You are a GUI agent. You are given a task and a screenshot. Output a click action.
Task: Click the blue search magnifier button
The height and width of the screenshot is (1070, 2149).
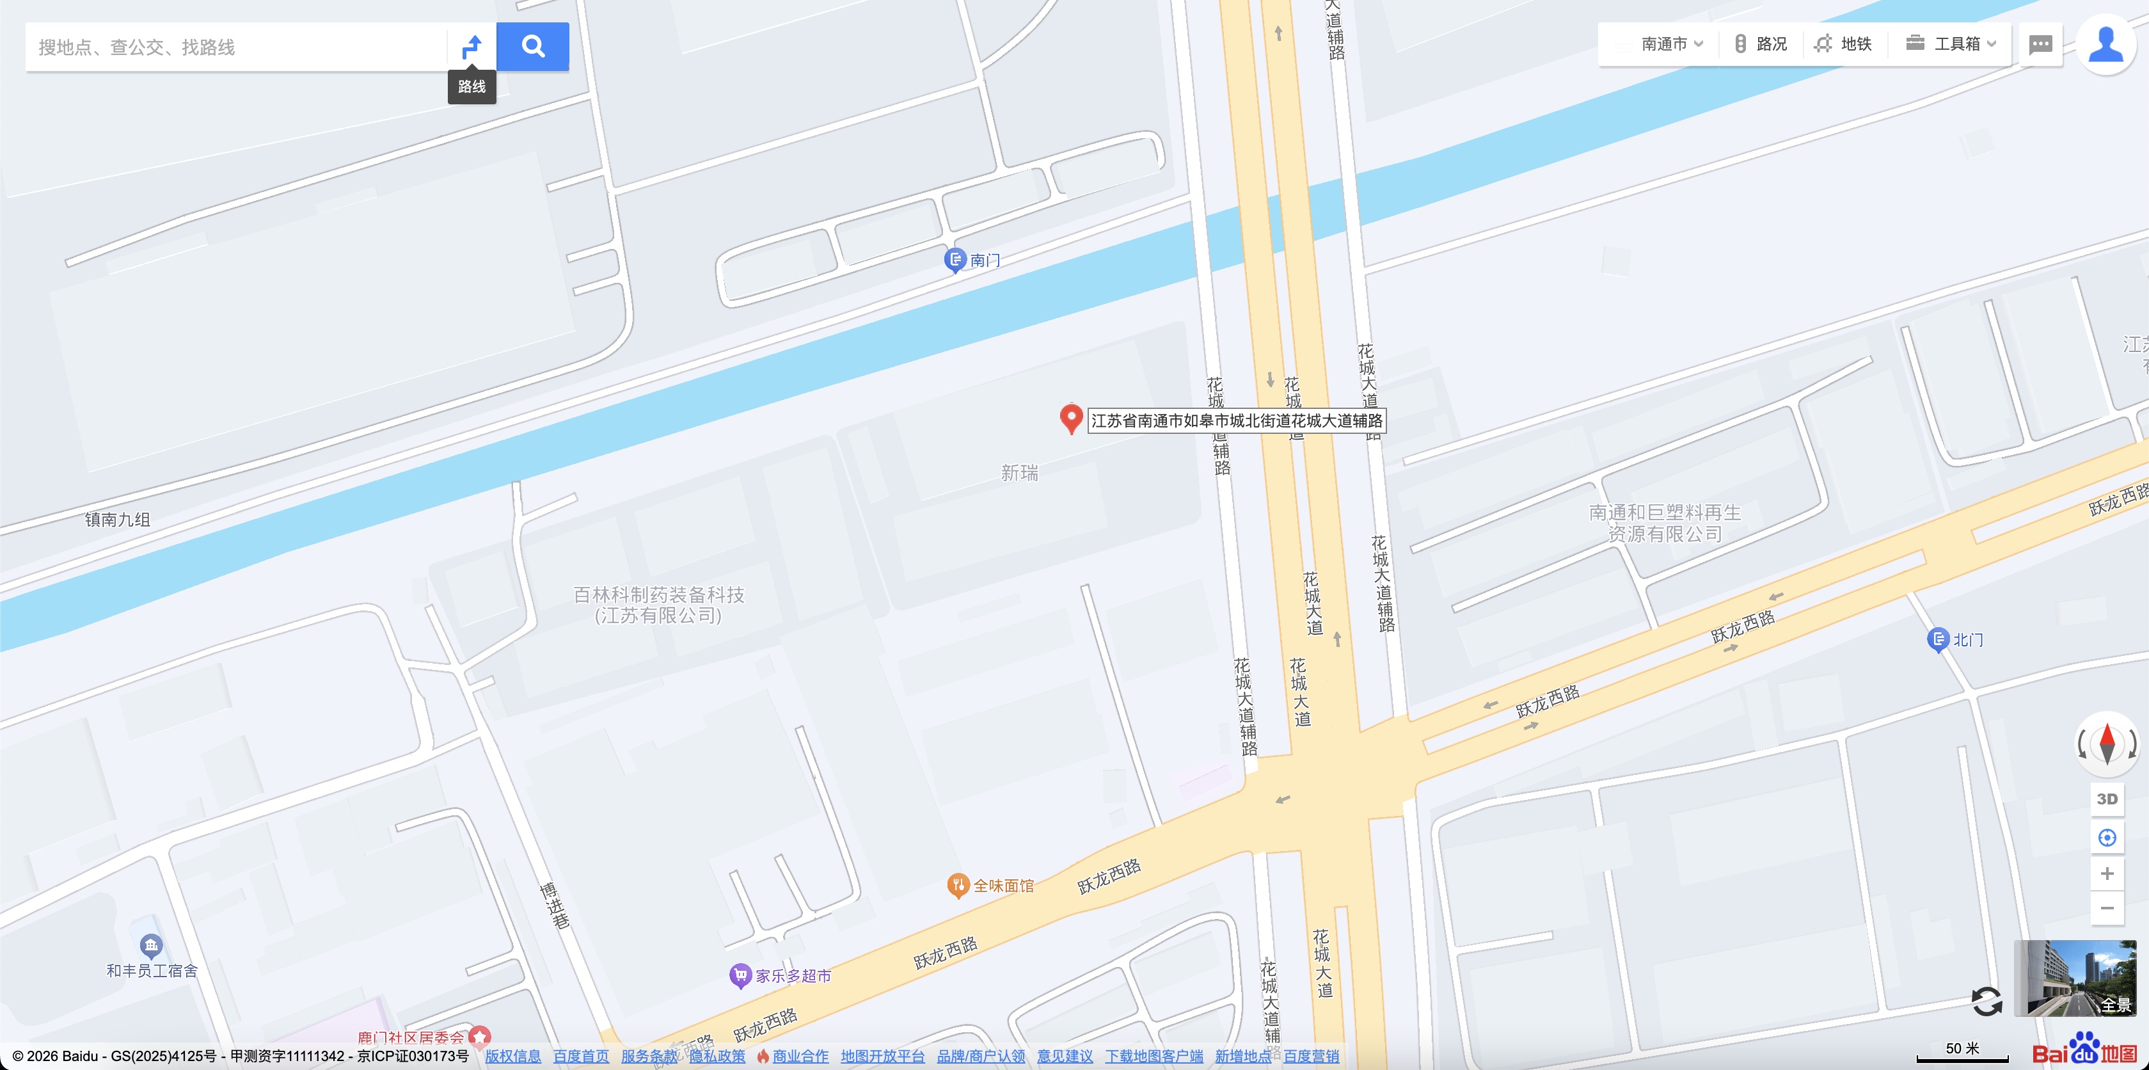[x=532, y=47]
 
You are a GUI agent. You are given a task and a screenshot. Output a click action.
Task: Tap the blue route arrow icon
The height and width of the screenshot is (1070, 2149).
[x=472, y=47]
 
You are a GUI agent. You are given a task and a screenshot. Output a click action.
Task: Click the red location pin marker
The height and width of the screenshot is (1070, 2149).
[x=1070, y=417]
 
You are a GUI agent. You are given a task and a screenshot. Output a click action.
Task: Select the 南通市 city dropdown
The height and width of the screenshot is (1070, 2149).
[x=1671, y=44]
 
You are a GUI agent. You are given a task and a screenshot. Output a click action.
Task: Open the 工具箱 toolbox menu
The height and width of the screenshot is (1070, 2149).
[x=1951, y=44]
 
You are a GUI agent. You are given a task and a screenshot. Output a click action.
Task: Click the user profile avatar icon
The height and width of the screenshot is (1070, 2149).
[x=2105, y=45]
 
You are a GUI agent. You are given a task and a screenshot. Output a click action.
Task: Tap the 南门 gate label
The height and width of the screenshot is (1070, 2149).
[x=985, y=260]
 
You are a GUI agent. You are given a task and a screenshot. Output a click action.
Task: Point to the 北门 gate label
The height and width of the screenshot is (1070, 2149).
[x=1967, y=640]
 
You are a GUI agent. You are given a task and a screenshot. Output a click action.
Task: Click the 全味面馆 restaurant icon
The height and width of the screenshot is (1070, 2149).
[x=958, y=884]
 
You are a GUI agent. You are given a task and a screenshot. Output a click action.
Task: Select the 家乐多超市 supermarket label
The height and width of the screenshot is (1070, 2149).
[x=793, y=976]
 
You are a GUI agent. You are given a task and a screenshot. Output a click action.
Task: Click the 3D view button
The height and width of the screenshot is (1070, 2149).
[x=2106, y=799]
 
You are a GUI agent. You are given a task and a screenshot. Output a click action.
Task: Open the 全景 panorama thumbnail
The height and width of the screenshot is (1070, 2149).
[x=2075, y=977]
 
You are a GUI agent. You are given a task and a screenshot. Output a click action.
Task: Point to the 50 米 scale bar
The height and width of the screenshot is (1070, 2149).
[x=1962, y=1053]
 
